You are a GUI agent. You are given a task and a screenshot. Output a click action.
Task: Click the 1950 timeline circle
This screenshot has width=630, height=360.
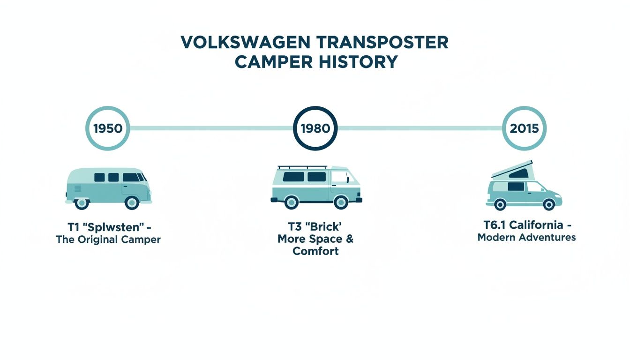tap(107, 128)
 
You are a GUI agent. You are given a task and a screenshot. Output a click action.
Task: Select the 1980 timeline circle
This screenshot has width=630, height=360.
tap(315, 128)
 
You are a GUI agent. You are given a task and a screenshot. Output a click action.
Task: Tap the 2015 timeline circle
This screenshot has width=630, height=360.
tap(524, 128)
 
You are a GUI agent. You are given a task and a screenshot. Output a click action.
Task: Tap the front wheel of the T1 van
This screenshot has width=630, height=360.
tap(132, 202)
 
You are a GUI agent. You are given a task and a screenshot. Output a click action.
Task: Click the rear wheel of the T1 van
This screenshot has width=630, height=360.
tap(82, 202)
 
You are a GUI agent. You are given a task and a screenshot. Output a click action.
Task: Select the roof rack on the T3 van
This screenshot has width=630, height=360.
tap(302, 167)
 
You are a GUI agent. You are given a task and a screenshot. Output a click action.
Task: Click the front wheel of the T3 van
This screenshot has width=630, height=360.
tap(341, 202)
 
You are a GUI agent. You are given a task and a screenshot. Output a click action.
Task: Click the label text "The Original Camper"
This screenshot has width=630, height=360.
tap(108, 240)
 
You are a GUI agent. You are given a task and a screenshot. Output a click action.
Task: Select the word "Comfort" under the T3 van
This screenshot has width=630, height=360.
tap(315, 251)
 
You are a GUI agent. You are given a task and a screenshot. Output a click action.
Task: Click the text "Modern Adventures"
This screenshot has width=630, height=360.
tap(526, 237)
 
